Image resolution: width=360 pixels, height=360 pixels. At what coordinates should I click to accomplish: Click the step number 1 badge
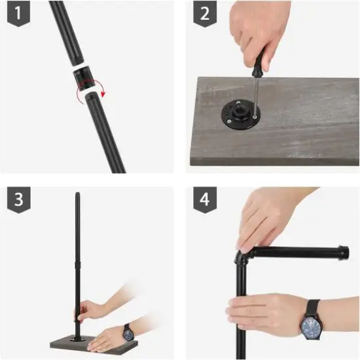pos(18,13)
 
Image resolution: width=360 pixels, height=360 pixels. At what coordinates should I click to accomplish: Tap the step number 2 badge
pos(205,14)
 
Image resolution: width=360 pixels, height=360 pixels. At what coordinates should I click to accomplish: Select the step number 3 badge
pos(18,200)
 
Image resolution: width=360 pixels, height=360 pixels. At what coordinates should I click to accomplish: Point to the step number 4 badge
pos(205,200)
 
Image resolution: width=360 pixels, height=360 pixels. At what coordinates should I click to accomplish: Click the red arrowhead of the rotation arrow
pos(103,94)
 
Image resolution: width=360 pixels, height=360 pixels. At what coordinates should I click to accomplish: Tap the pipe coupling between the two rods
pos(84,78)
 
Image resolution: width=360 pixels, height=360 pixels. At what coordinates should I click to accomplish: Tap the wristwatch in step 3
pos(128,333)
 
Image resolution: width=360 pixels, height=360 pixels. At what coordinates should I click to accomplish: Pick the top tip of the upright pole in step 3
pos(78,194)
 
